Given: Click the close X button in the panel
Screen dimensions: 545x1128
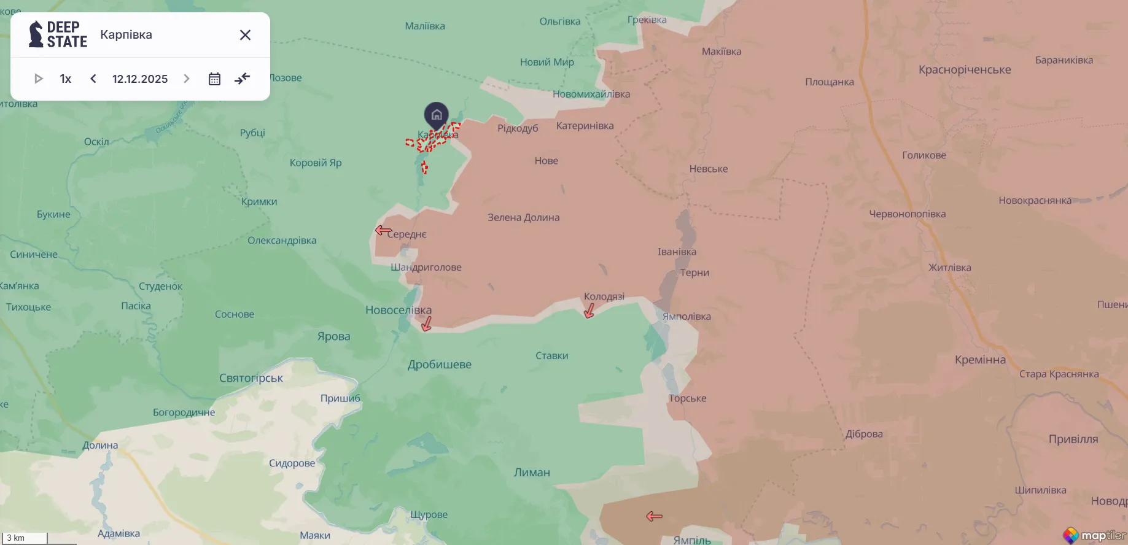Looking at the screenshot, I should click(x=245, y=35).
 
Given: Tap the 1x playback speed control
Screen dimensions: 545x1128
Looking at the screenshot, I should click(x=66, y=79).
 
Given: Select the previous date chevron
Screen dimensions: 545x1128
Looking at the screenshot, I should click(x=93, y=79).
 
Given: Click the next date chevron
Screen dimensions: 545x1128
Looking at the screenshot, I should click(x=187, y=79).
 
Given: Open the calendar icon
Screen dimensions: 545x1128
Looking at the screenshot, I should click(x=214, y=79).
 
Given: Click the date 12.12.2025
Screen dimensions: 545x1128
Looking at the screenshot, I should click(x=140, y=79).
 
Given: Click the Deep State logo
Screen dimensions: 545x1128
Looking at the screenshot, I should click(x=58, y=34).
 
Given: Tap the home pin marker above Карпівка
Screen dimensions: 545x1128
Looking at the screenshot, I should click(x=437, y=115).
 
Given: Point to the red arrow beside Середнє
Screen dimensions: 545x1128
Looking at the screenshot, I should click(x=383, y=230).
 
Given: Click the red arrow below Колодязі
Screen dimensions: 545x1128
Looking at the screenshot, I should click(x=589, y=311).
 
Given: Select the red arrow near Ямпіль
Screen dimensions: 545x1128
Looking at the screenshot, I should click(x=654, y=516).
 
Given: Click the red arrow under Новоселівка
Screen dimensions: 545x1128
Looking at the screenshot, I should click(x=427, y=323).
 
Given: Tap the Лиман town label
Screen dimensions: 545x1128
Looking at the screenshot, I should click(x=532, y=473).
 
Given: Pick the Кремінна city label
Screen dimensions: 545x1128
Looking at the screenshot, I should click(x=980, y=360).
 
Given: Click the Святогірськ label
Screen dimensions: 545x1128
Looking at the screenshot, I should click(x=251, y=378).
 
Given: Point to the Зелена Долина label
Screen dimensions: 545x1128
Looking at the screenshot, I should click(x=523, y=217).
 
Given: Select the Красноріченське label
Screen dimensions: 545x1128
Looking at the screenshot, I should click(x=965, y=69).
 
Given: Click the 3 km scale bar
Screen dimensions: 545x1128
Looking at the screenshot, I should click(x=25, y=538).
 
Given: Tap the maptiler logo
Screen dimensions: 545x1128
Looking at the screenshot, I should click(x=1095, y=535).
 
